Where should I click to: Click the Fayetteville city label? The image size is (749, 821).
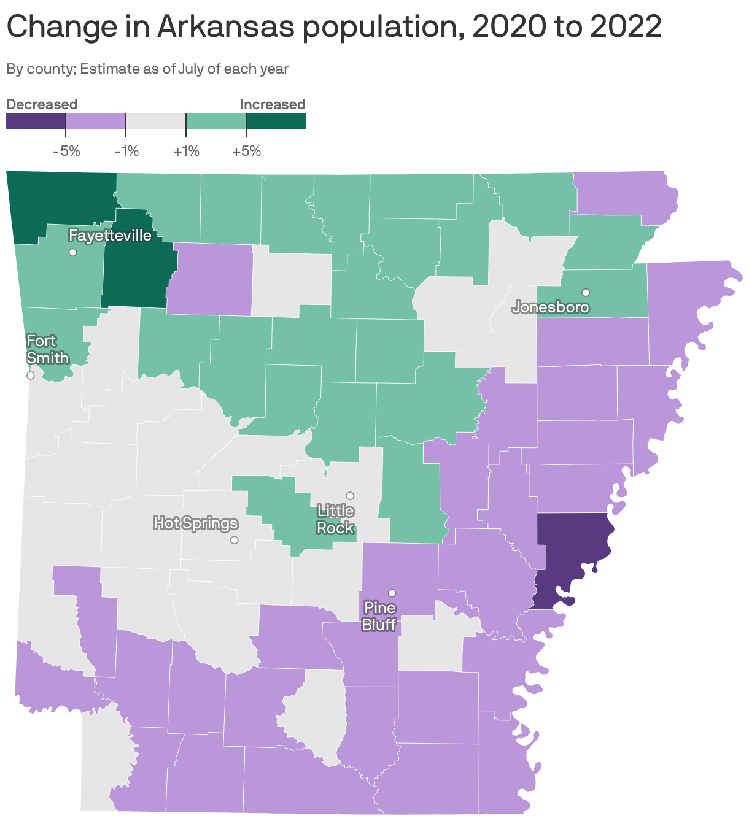tap(110, 236)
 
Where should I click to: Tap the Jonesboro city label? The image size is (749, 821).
tap(551, 307)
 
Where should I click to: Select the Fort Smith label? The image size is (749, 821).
tap(47, 349)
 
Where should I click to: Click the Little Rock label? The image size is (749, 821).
tap(335, 519)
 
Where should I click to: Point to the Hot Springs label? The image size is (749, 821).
tap(195, 523)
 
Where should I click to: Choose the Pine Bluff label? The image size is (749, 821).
tap(379, 616)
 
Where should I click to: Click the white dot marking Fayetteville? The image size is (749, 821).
tap(72, 252)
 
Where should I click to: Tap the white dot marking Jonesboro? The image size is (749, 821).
tap(586, 292)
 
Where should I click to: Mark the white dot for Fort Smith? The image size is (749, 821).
tap(30, 376)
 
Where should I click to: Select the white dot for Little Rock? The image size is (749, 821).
tap(350, 495)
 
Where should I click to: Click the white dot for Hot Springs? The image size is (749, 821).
tap(234, 540)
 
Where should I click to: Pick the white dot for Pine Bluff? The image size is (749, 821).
tap(392, 593)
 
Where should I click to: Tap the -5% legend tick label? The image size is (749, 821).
tap(66, 151)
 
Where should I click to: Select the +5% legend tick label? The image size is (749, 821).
tap(246, 151)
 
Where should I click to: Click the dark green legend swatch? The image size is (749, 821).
tap(276, 121)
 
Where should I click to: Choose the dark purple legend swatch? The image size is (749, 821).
tap(36, 121)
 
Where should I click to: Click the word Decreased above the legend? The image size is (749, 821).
tap(42, 104)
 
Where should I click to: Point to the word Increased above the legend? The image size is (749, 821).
tap(273, 104)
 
